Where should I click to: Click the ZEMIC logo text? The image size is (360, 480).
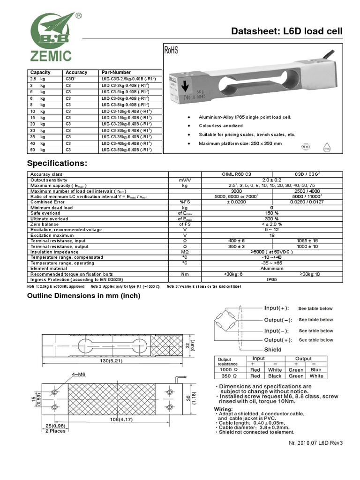51,56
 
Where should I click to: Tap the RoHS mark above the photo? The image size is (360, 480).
171,51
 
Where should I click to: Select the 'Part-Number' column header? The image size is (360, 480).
116,73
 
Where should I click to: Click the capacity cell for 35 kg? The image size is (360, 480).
37,137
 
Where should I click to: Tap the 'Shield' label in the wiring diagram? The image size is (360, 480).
273,349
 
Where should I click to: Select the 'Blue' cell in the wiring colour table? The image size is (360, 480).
317,369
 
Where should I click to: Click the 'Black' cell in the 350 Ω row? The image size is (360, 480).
275,375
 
